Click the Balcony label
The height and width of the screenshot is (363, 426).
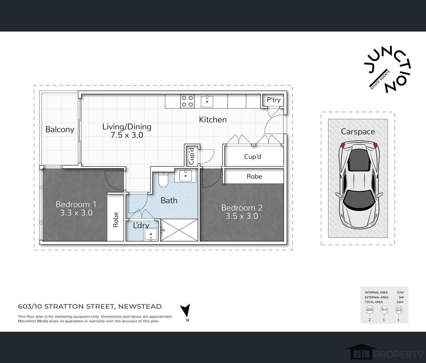[60, 130]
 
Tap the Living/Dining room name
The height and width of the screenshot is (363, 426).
[127, 127]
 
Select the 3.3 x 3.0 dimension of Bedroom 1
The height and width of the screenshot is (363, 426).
[76, 213]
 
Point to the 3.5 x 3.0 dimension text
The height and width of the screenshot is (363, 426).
[242, 216]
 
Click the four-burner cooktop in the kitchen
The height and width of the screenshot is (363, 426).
[187, 101]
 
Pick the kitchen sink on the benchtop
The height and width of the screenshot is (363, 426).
[207, 101]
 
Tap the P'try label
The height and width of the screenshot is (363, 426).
[274, 100]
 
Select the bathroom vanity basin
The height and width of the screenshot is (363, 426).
[185, 176]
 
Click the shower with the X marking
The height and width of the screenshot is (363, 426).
[179, 230]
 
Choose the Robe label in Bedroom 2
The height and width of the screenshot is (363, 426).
[254, 177]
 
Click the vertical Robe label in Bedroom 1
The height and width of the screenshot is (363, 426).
[116, 220]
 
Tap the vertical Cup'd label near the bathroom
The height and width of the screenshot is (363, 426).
[192, 156]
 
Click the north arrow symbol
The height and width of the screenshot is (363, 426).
[186, 311]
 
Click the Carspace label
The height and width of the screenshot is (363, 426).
[358, 132]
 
